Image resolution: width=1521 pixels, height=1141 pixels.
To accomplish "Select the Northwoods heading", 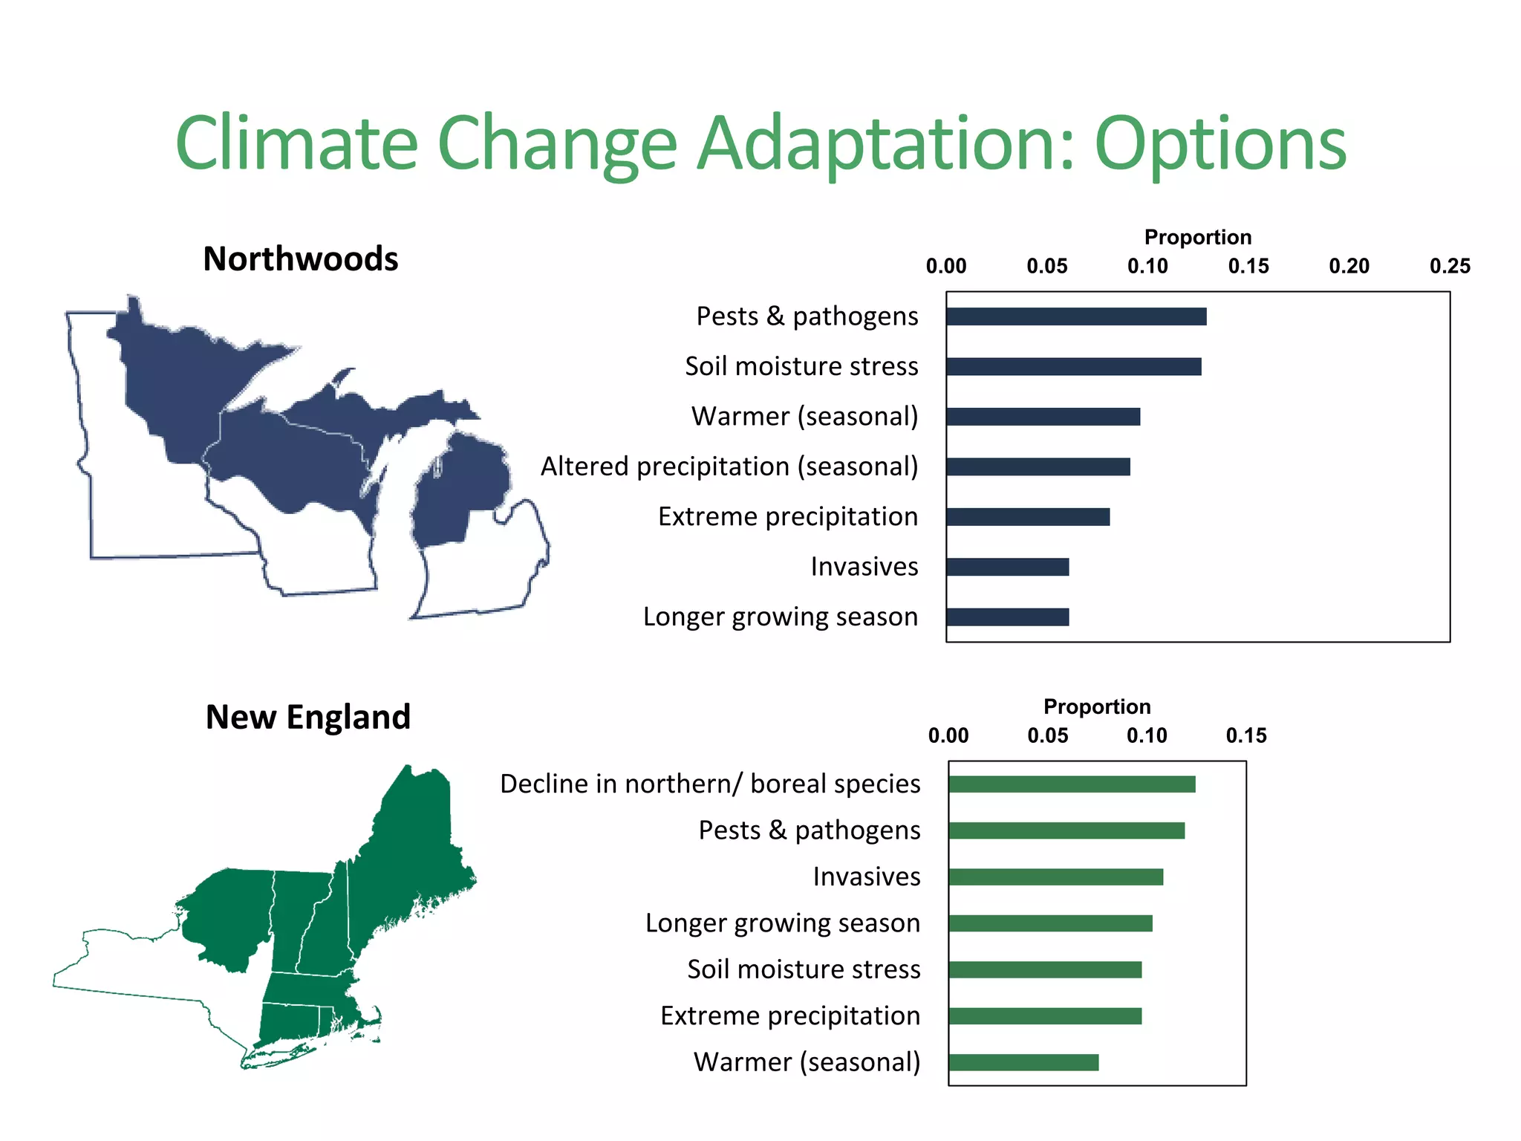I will [301, 259].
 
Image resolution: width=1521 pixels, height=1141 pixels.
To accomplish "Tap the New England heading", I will [307, 718].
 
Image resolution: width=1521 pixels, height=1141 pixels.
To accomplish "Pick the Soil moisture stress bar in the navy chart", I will [1073, 366].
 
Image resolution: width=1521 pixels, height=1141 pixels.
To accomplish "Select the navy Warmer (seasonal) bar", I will [1043, 417].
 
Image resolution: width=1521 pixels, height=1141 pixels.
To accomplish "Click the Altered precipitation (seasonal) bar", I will [1038, 467].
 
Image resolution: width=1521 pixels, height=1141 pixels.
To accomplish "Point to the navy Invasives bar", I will [1007, 567].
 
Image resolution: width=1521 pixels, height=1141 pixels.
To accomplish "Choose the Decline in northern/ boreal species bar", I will [1072, 784].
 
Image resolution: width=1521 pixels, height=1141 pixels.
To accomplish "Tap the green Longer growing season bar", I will [1050, 923].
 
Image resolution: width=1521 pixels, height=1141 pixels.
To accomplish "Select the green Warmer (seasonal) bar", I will [1023, 1062].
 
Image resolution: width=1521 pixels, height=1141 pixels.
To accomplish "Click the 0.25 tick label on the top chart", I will [1450, 266].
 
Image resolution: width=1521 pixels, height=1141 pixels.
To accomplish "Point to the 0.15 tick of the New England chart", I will [1246, 735].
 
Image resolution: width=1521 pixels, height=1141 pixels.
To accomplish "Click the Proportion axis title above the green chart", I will [1097, 706].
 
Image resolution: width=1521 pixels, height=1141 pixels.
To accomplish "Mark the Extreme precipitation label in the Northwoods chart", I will [787, 516].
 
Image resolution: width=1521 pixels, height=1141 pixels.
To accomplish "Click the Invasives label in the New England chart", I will [866, 877].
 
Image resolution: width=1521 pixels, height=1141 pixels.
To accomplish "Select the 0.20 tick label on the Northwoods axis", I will [1349, 266].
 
